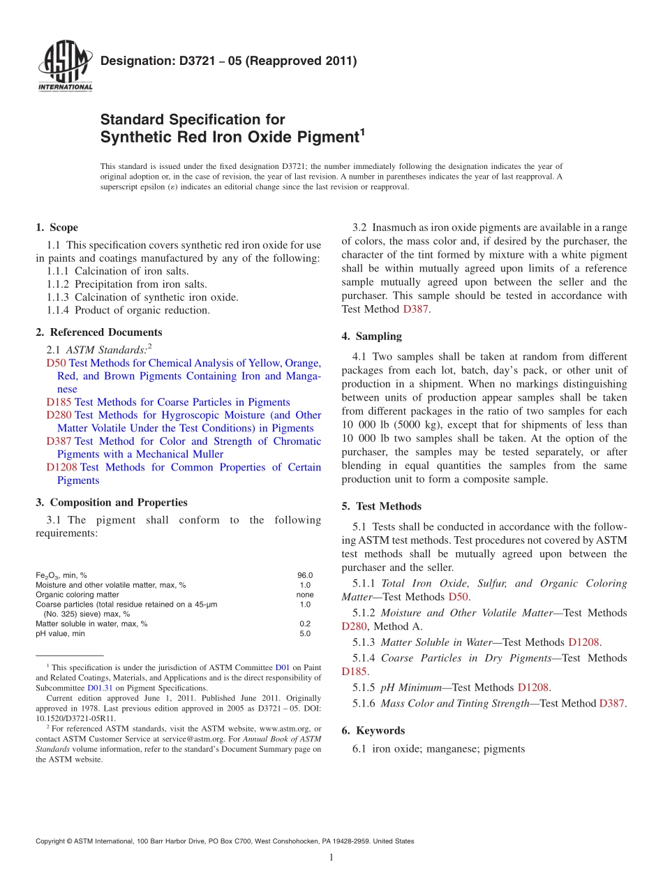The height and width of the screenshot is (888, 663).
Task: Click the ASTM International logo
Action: point(65,67)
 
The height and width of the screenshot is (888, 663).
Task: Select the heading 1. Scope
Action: point(57,228)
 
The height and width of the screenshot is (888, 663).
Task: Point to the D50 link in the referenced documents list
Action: point(56,363)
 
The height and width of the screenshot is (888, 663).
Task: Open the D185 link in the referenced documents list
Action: point(59,402)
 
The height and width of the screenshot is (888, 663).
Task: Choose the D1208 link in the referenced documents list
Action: point(61,467)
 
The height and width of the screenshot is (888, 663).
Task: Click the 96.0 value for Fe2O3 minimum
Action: point(305,575)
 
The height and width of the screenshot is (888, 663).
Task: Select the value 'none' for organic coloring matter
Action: point(305,595)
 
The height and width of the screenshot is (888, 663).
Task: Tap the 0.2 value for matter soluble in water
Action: point(305,624)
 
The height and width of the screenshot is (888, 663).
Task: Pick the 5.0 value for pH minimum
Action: point(305,634)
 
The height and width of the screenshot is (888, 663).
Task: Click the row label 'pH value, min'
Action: point(60,634)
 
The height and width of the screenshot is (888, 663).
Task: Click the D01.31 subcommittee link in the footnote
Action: point(98,687)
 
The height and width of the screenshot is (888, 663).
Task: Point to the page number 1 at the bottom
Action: point(331,857)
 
